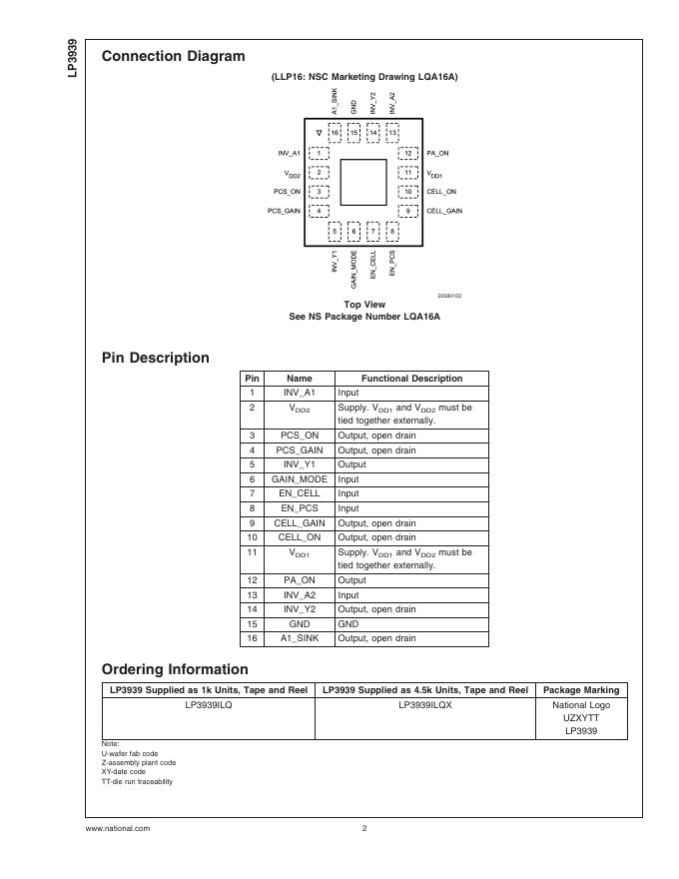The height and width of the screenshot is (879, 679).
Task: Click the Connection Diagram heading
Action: coord(173,56)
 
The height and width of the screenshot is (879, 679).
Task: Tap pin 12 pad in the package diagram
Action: coord(408,153)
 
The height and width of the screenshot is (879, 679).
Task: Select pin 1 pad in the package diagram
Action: coord(319,153)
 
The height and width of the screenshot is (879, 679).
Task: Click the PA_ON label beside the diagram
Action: coord(438,153)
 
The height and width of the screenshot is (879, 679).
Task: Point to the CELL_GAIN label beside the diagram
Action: coord(444,211)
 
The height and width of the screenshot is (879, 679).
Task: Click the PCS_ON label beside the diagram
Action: coord(287,192)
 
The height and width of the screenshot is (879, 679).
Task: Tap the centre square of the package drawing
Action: coord(363,181)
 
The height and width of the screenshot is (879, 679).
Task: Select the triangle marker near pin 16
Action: coord(319,132)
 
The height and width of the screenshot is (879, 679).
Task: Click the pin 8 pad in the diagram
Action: coord(392,231)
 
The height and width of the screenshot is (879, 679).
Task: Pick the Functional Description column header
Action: coord(411,379)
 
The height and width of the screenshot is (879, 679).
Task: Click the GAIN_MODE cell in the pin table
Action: coord(300,479)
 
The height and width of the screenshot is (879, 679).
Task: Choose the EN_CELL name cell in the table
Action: coord(300,493)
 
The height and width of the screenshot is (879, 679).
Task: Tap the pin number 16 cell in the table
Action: coord(253,638)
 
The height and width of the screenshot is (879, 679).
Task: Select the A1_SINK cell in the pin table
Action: coord(300,638)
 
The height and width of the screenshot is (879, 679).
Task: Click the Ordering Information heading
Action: coord(175,669)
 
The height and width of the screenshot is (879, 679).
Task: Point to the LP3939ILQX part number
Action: coord(425,704)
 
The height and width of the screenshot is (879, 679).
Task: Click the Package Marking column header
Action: coord(580,690)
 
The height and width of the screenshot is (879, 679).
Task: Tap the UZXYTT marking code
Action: coord(580,718)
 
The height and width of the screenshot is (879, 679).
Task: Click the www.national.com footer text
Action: coord(118,828)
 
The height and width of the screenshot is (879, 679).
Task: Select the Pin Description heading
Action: coord(156,358)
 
